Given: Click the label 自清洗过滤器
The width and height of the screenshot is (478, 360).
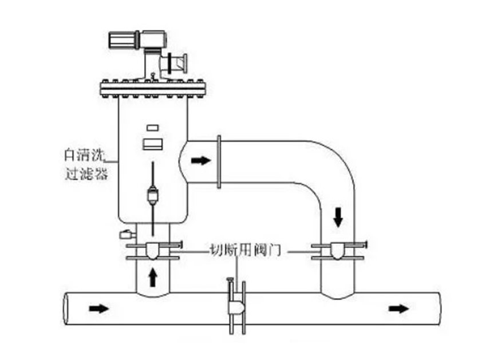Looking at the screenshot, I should click(x=85, y=163).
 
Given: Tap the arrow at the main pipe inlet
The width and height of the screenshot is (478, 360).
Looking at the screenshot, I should click(x=98, y=308).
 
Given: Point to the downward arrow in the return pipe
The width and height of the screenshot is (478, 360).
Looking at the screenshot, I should click(x=339, y=216).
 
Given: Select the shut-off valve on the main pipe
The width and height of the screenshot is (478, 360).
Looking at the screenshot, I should click(x=235, y=306).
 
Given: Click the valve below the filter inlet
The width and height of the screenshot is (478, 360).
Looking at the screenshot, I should click(x=153, y=251).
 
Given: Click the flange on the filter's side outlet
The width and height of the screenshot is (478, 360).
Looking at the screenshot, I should click(x=219, y=161).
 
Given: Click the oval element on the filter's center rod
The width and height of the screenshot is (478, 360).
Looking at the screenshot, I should click(x=153, y=195).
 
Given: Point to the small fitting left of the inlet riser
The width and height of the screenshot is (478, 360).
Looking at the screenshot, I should click(x=125, y=234).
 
